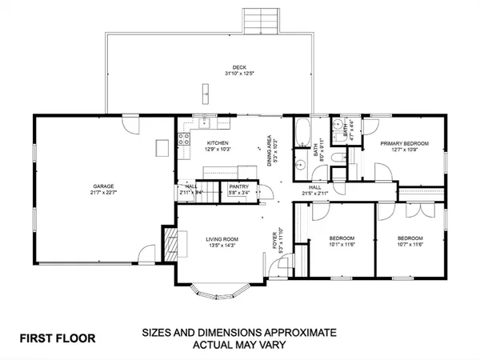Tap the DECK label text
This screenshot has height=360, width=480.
click(x=238, y=67)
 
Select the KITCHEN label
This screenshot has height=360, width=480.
click(x=207, y=142)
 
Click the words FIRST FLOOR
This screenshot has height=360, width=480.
click(x=58, y=338)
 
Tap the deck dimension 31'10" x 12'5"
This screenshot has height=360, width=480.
click(x=238, y=74)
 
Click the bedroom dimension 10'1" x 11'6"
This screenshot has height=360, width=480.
click(x=342, y=246)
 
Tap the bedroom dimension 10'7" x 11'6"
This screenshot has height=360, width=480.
click(x=410, y=246)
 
